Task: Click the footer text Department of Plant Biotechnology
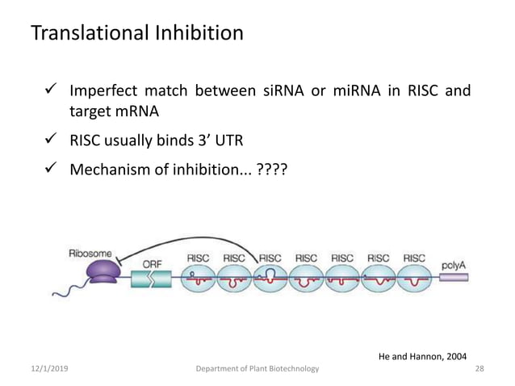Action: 258,369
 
